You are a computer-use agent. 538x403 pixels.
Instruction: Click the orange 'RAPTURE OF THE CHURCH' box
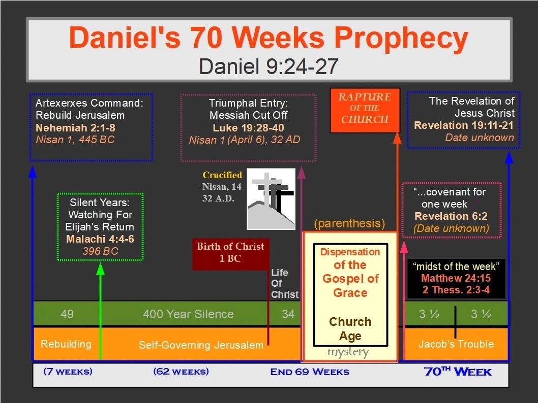tap(365, 111)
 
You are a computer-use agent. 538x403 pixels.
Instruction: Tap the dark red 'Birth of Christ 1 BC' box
tap(230, 254)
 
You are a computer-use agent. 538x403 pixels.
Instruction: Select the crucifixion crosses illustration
tap(271, 199)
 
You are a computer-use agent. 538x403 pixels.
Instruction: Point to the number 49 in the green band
tap(67, 314)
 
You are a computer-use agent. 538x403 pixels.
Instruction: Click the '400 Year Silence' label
tap(188, 314)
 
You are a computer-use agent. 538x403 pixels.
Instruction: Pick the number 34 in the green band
tap(288, 314)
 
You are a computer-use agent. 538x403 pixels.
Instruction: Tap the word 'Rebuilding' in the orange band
tap(66, 344)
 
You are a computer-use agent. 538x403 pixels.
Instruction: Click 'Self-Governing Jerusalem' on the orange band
tap(201, 345)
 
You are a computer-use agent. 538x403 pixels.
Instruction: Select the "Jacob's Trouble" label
tap(456, 344)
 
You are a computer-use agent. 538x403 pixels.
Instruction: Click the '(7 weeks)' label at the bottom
tap(68, 372)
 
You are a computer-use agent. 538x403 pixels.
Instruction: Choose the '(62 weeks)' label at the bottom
tap(181, 372)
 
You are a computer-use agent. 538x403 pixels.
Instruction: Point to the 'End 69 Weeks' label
tap(310, 372)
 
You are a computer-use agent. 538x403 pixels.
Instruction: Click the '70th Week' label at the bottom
tap(458, 372)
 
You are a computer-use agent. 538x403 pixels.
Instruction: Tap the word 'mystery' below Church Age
tap(348, 352)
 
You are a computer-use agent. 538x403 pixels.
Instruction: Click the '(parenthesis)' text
tap(349, 224)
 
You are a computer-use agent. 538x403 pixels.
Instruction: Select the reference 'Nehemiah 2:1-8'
tap(75, 128)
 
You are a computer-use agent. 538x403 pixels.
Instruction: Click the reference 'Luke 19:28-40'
tap(249, 128)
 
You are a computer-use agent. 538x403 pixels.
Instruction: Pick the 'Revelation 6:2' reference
tap(451, 216)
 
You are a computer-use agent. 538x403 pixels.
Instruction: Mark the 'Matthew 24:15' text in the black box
tap(456, 278)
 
